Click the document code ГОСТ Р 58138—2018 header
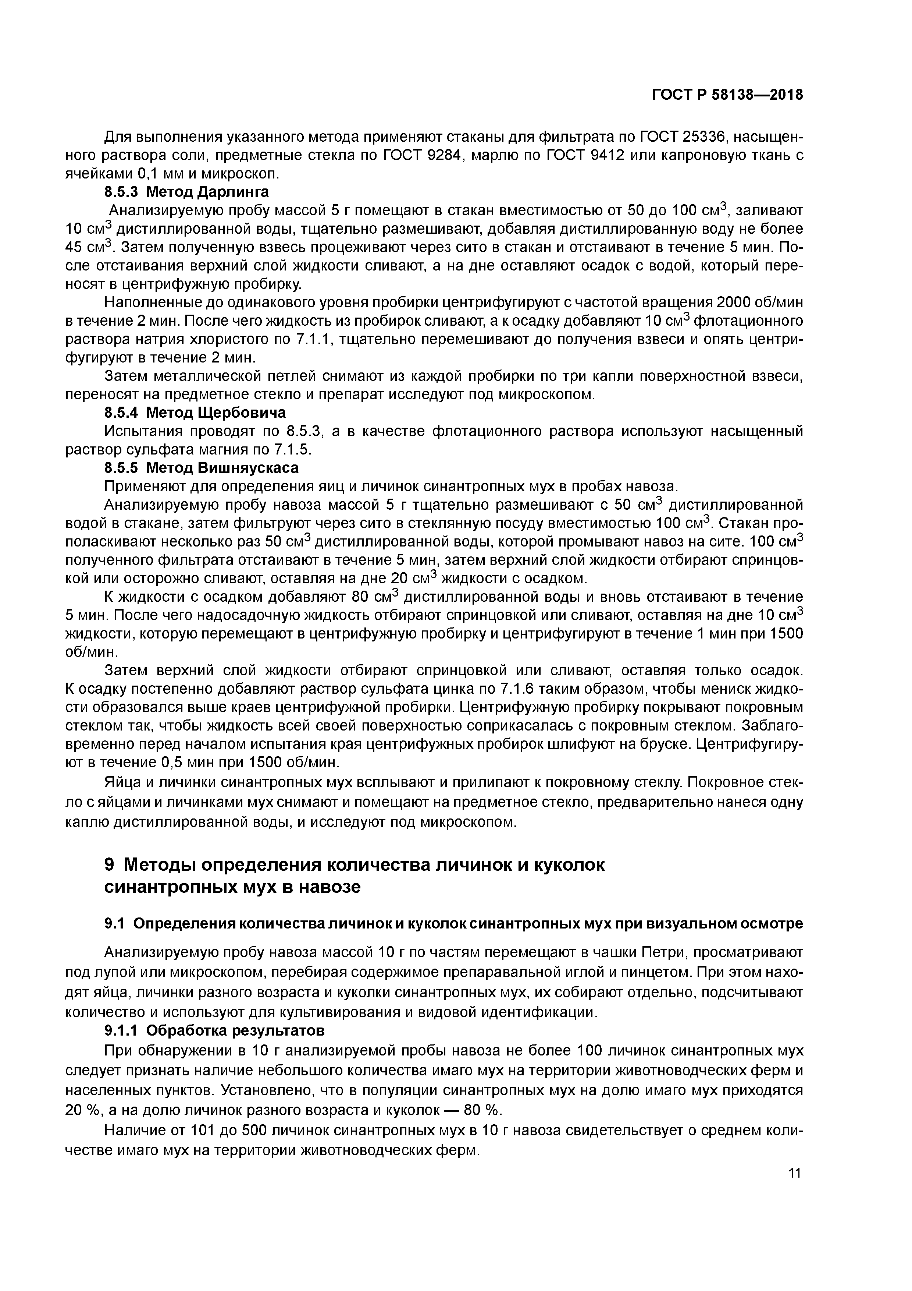pos(727,95)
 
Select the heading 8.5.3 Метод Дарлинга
pos(186,192)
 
